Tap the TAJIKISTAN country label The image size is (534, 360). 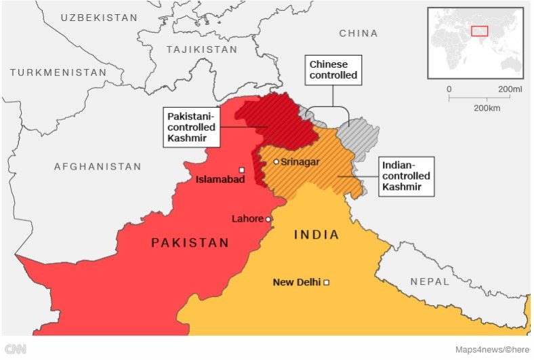[200, 49]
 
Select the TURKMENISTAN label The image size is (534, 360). [58, 72]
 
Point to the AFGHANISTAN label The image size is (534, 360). [98, 166]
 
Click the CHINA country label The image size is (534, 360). [358, 33]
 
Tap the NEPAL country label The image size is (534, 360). [429, 281]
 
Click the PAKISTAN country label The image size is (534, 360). [190, 243]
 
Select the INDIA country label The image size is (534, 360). [316, 235]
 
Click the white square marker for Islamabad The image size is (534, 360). [241, 170]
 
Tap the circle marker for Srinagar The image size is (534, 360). [276, 161]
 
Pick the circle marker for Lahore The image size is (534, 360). [268, 219]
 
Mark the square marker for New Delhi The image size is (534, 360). [327, 282]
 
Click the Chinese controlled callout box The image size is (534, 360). [333, 70]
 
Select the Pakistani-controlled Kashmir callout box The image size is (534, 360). [192, 127]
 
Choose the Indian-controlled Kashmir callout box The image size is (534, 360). [405, 176]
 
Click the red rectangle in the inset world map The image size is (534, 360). [480, 31]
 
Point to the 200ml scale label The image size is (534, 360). [510, 89]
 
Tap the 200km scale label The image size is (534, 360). [487, 108]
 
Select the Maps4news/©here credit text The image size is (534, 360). [491, 349]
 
